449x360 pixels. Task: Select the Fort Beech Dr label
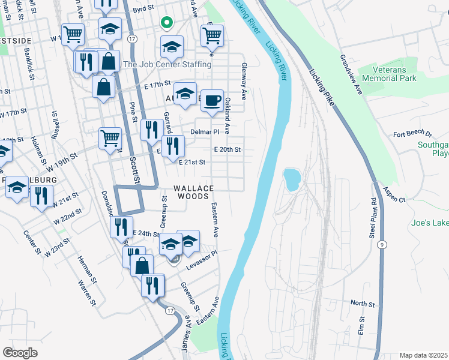pyautogui.click(x=412, y=134)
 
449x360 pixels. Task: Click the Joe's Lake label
pyautogui.click(x=430, y=223)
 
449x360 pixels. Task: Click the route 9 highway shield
pyautogui.click(x=382, y=245)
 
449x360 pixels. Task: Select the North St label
pyautogui.click(x=362, y=304)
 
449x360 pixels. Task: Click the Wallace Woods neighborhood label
pyautogui.click(x=193, y=192)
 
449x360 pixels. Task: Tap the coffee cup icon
pyautogui.click(x=211, y=100)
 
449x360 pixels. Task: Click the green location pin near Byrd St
pyautogui.click(x=167, y=23)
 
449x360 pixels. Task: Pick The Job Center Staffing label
pyautogui.click(x=167, y=64)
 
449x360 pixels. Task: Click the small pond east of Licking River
pyautogui.click(x=292, y=178)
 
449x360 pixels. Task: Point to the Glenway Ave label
pyautogui.click(x=244, y=81)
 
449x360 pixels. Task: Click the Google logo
pyautogui.click(x=20, y=352)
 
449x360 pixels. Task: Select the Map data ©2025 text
pyautogui.click(x=424, y=355)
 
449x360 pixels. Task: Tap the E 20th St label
pyautogui.click(x=227, y=149)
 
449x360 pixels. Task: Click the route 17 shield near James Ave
pyautogui.click(x=170, y=311)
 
